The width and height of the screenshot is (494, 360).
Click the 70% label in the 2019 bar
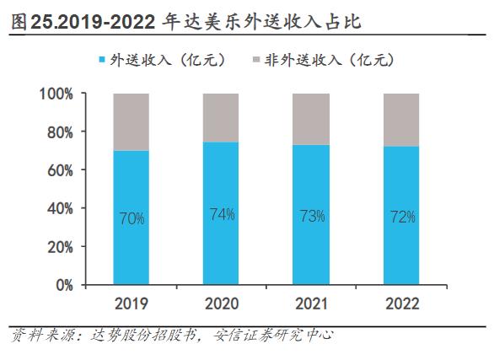pyautogui.click(x=132, y=218)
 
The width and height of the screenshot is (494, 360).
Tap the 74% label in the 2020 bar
pyautogui.click(x=221, y=214)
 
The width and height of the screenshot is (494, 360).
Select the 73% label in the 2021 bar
pyautogui.click(x=312, y=216)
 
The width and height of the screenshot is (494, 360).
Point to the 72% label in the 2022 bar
pyautogui.click(x=402, y=218)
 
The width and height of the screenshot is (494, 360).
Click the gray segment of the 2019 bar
pyautogui.click(x=132, y=121)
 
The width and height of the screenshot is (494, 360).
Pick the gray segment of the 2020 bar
pyautogui.click(x=221, y=117)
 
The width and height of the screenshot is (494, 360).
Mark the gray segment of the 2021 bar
pyautogui.click(x=312, y=119)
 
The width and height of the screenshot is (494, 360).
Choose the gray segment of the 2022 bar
pyautogui.click(x=402, y=120)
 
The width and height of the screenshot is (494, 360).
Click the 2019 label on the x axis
pyautogui.click(x=132, y=303)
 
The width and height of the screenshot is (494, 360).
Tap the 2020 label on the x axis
pyautogui.click(x=221, y=303)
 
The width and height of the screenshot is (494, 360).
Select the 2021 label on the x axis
pyautogui.click(x=312, y=303)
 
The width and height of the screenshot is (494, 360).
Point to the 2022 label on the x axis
pyautogui.click(x=402, y=303)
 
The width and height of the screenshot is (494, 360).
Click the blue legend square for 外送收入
pyautogui.click(x=104, y=60)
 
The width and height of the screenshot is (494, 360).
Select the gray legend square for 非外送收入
pyautogui.click(x=255, y=60)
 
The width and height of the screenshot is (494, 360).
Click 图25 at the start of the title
pyautogui.click(x=28, y=21)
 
